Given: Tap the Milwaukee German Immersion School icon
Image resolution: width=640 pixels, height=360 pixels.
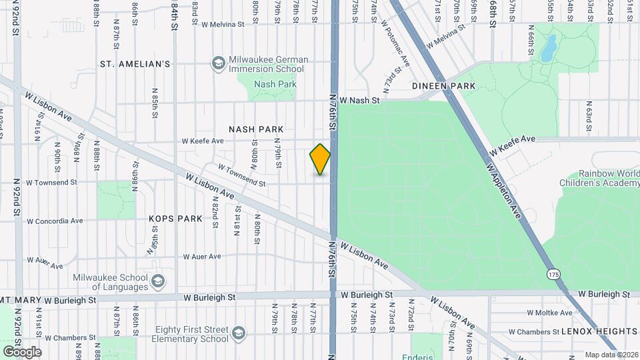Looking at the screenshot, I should [x=217, y=63].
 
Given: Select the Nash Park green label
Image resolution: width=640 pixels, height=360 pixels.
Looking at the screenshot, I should [x=275, y=85].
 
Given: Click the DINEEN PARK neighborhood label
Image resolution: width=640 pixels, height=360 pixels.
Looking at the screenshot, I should [x=443, y=86].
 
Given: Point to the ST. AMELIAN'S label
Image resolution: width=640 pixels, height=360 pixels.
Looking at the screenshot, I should [x=135, y=64].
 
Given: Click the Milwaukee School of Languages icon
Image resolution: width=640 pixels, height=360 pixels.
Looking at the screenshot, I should [x=158, y=281].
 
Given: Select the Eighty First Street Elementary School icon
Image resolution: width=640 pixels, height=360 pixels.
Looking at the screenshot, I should [x=237, y=333].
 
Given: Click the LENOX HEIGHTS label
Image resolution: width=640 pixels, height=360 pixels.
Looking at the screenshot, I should [x=599, y=331].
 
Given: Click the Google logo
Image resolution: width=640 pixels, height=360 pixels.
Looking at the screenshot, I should [x=22, y=351].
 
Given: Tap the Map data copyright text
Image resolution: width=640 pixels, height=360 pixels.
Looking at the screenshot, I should [x=611, y=355].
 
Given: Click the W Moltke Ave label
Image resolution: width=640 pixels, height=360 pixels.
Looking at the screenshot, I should [x=549, y=313].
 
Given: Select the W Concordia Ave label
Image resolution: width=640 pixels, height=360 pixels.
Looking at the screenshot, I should [x=55, y=221].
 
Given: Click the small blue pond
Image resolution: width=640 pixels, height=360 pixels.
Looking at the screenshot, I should [x=549, y=47].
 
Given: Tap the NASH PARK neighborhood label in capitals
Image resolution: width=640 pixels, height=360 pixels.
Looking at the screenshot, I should [x=256, y=129].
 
